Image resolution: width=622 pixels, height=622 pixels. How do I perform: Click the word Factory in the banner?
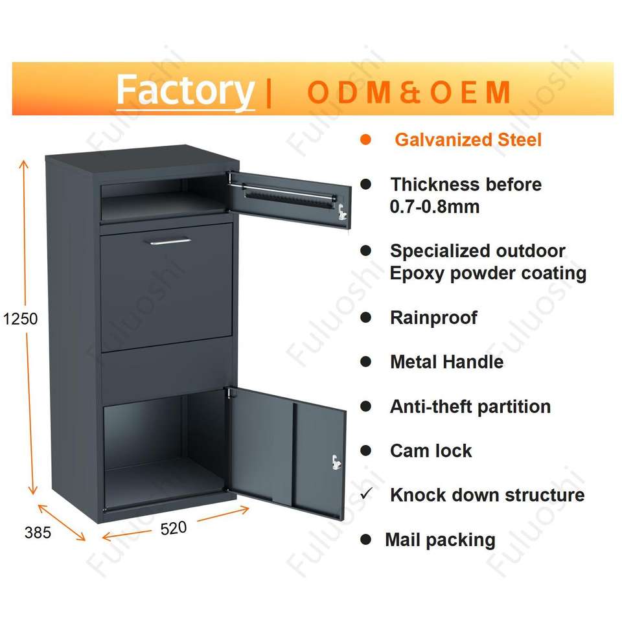185,91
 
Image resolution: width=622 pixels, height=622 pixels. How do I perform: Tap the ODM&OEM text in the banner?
409,93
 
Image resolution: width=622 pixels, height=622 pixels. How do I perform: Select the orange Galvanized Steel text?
468,139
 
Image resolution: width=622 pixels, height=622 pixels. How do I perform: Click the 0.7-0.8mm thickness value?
435,207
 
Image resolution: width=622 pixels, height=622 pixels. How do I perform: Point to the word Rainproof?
433,317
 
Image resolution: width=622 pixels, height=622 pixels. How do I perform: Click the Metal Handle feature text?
446,362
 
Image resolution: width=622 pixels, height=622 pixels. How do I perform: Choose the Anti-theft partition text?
470,406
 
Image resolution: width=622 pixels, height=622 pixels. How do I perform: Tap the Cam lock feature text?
431,451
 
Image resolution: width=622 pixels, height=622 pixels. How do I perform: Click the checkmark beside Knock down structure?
366,494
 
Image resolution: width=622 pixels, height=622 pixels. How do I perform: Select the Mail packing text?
440,540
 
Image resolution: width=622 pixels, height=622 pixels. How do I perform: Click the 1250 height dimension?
20,319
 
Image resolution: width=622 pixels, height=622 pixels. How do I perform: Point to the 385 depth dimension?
38,533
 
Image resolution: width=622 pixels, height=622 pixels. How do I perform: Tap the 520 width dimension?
173,528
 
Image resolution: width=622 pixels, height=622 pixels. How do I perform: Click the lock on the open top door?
341,209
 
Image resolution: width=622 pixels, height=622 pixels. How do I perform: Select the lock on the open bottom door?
335,462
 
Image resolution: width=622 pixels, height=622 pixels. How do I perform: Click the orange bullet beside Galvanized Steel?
366,139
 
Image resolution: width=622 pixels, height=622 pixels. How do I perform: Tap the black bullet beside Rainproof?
366,317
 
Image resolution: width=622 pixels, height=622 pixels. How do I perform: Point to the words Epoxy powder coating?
488,273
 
